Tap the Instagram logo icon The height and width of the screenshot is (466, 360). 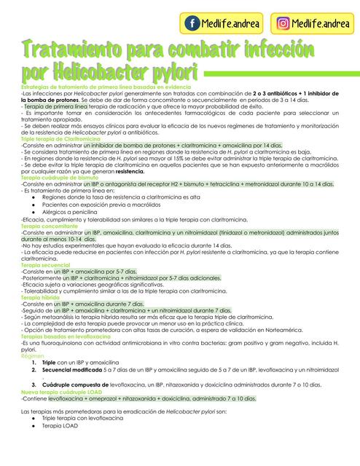[280, 24]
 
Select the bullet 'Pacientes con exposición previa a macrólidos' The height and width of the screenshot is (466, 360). [102, 204]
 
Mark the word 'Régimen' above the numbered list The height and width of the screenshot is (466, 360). [32, 355]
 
